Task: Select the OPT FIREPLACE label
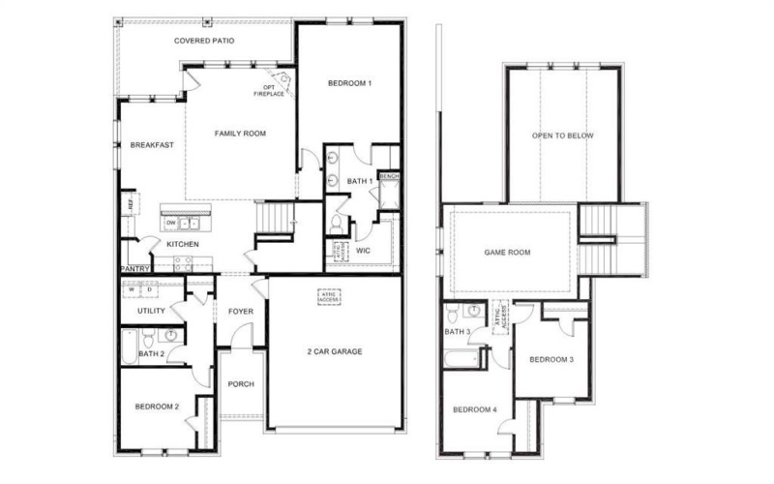click(268, 91)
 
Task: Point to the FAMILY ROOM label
click(240, 134)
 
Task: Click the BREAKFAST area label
click(152, 145)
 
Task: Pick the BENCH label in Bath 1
click(389, 176)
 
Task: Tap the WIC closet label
click(363, 250)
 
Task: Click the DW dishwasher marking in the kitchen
click(171, 223)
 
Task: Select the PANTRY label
click(133, 268)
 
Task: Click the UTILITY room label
click(151, 311)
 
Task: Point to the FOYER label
click(240, 311)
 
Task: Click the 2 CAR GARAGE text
click(335, 351)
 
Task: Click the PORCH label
click(240, 384)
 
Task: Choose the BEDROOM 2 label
click(157, 407)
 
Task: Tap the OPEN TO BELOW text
click(563, 136)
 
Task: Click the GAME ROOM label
click(507, 253)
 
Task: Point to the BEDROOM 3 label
click(551, 360)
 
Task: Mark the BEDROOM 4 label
click(475, 409)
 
